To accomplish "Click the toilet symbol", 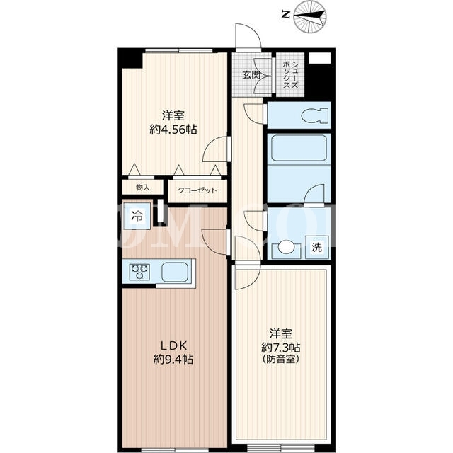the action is (315, 115).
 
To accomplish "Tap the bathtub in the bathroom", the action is (299, 149).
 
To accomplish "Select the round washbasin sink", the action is (286, 247).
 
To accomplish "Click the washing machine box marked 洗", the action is (317, 247).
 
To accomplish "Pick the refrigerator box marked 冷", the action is (137, 216).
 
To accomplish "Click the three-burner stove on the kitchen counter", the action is (140, 272).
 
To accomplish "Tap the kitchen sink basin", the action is (175, 272).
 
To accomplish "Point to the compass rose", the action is (310, 16).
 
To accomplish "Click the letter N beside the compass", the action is (286, 15).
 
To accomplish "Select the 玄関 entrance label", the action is (251, 75).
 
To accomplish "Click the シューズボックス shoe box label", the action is (290, 74).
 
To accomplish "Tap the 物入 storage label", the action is (143, 188).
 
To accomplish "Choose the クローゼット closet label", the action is (197, 190).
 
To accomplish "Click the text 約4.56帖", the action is (173, 130).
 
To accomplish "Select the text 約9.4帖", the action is (173, 360).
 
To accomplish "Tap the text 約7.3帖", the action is (281, 347).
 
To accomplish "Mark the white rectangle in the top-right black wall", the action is (320, 58).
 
